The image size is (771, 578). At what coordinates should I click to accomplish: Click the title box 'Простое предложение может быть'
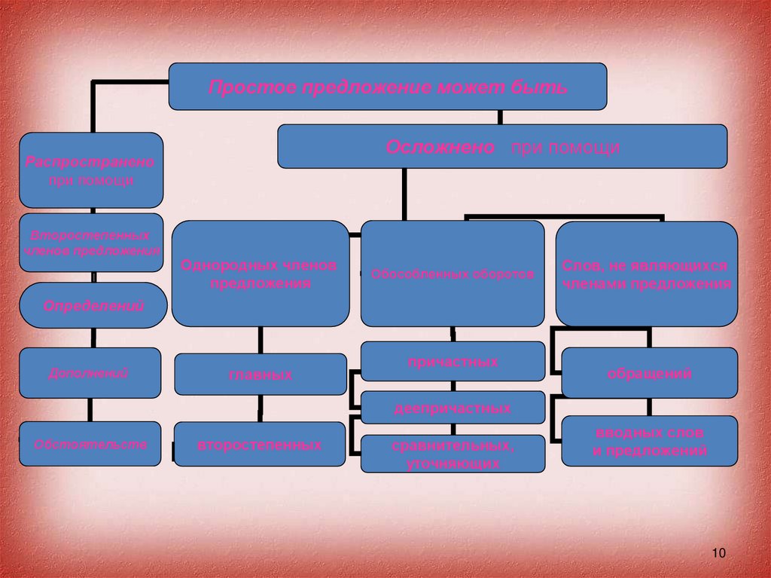(x=387, y=86)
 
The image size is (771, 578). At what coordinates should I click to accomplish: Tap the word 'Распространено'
(x=90, y=162)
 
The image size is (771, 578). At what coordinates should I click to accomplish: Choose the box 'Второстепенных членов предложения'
(x=91, y=242)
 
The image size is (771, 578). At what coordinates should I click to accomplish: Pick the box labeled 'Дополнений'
(x=90, y=372)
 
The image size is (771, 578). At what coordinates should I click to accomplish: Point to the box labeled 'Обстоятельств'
(x=90, y=444)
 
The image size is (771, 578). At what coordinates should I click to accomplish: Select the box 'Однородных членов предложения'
(x=260, y=273)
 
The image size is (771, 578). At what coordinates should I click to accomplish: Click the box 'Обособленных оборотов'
(x=453, y=273)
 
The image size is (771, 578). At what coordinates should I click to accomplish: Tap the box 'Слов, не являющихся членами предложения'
(x=646, y=274)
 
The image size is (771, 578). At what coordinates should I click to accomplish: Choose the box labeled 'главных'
(x=261, y=375)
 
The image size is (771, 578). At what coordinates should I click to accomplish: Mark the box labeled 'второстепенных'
(x=261, y=445)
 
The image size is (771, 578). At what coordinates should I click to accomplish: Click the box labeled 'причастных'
(x=453, y=362)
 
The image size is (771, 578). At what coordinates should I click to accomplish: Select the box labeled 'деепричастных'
(x=453, y=408)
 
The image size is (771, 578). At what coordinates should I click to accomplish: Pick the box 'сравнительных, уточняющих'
(x=453, y=454)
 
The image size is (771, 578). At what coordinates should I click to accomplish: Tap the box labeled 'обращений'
(x=649, y=373)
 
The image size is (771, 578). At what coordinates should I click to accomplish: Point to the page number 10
(x=717, y=554)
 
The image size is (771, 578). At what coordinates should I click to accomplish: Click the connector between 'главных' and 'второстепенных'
(x=261, y=408)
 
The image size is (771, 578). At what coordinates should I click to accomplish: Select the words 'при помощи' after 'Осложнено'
(x=565, y=147)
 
